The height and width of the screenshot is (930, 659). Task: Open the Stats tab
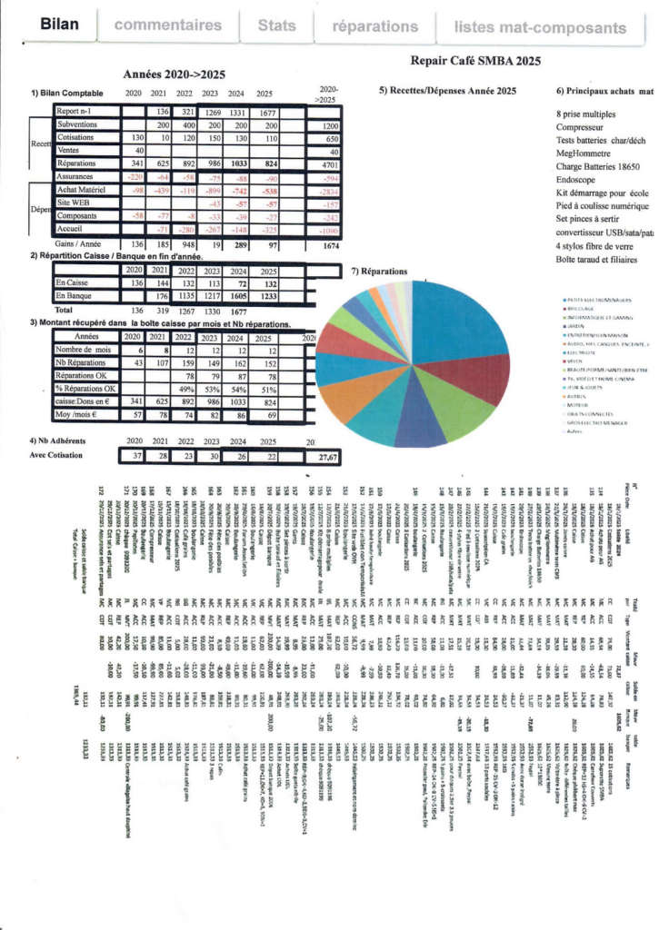[276, 26]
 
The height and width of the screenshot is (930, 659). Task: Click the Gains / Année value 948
[185, 244]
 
